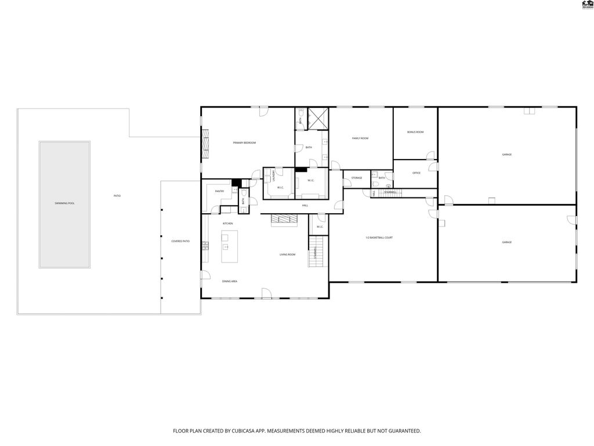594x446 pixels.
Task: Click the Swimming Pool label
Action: pos(64,203)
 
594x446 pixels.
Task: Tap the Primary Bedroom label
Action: pos(244,143)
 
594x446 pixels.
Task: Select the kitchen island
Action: pos(229,246)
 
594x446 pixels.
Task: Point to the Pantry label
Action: pos(219,191)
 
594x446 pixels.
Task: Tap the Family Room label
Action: pos(360,138)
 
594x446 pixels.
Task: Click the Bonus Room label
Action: pos(415,132)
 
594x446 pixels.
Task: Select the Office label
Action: pos(416,173)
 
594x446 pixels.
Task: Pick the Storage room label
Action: pos(356,178)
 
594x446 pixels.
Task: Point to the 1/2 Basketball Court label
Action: pos(379,238)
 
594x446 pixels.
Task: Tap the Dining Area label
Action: pos(230,281)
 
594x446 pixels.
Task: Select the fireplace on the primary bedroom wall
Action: pos(204,143)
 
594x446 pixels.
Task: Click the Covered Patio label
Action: pos(180,241)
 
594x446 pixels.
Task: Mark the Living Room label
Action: pos(288,254)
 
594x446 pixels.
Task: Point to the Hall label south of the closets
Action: pos(305,206)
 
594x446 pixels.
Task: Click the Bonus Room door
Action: pos(430,156)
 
